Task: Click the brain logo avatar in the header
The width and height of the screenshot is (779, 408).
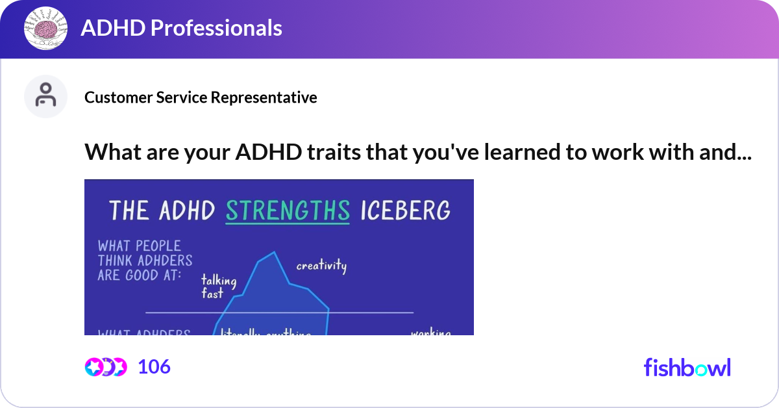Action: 46,29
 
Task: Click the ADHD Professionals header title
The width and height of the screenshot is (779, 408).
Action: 181,28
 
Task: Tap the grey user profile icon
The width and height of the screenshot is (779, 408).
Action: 45,96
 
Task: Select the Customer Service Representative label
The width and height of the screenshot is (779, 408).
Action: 201,97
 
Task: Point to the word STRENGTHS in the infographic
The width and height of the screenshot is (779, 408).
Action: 288,210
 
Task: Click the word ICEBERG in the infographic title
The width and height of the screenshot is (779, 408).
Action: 404,210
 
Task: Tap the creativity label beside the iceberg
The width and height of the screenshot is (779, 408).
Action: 321,266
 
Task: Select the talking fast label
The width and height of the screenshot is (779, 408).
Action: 218,287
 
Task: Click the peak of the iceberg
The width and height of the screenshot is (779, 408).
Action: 273,253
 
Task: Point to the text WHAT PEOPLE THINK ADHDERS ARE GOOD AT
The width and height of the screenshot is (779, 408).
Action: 145,260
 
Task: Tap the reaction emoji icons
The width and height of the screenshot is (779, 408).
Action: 106,367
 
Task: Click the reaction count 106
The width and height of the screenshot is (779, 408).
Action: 154,367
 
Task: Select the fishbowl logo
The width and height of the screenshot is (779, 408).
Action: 687,368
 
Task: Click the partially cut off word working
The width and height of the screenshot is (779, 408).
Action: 430,333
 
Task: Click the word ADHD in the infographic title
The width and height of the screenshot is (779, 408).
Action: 188,210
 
